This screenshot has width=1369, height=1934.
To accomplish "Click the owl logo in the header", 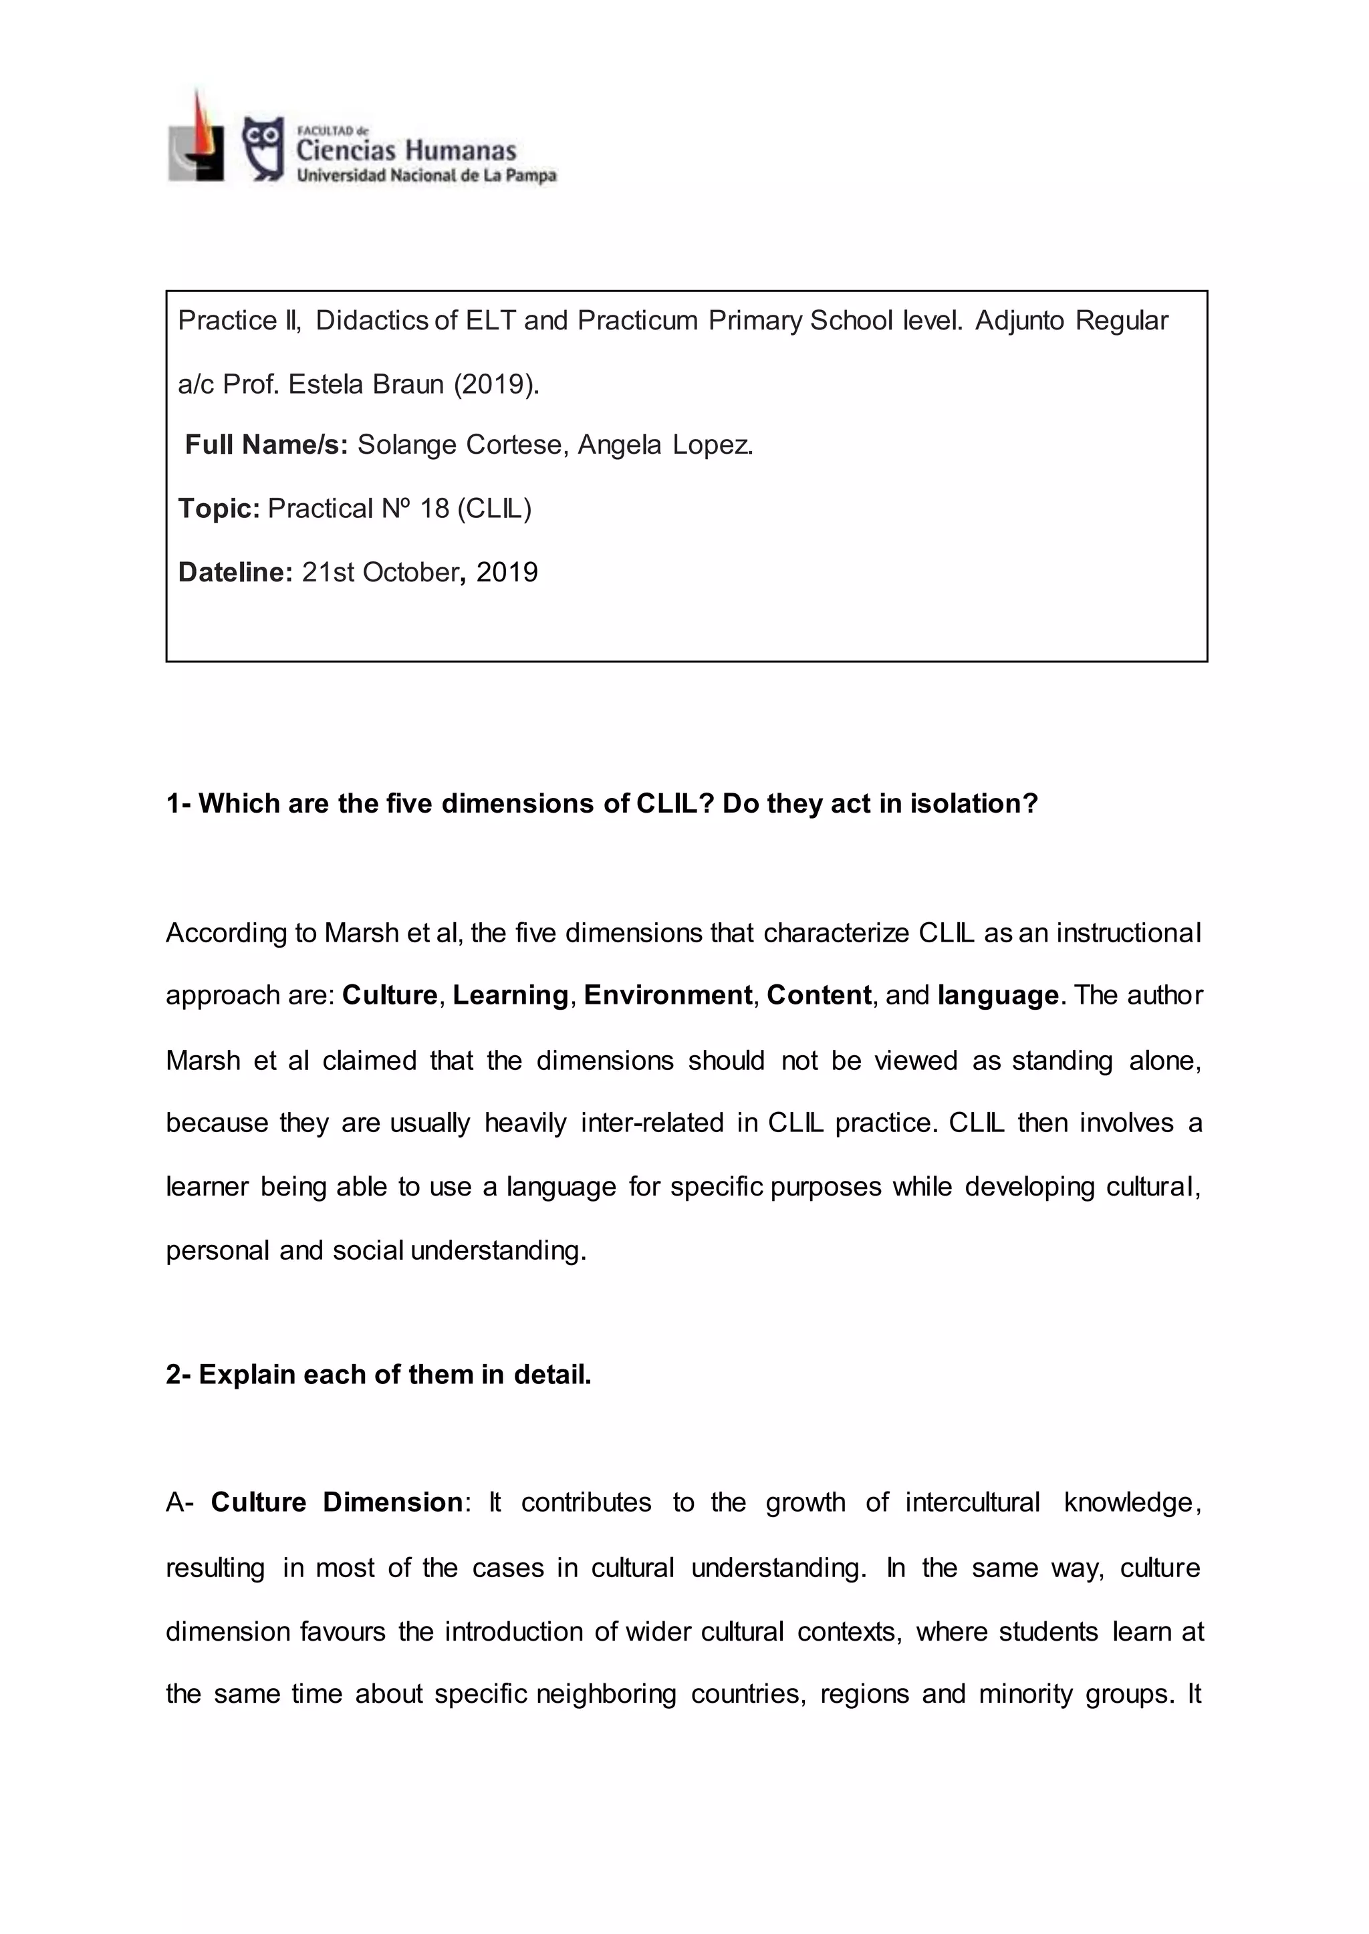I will [263, 148].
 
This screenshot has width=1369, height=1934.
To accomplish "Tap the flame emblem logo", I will [197, 136].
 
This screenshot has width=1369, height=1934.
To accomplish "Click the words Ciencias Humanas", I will [406, 151].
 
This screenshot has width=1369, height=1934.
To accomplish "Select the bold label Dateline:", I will [235, 572].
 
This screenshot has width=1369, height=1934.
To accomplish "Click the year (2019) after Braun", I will [495, 384].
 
